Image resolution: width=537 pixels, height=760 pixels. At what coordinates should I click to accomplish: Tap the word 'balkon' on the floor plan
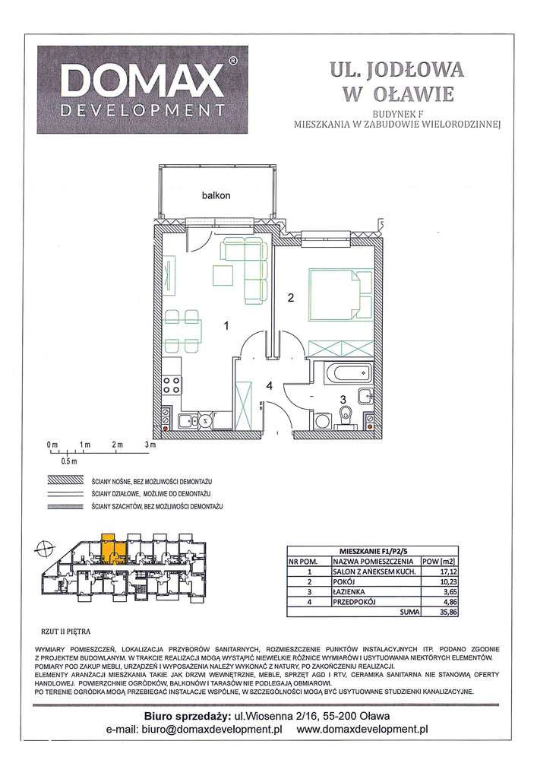coord(216,195)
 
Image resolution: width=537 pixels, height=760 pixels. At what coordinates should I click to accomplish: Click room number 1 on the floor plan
coord(226,325)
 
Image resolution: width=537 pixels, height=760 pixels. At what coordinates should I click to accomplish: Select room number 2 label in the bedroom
coord(290,298)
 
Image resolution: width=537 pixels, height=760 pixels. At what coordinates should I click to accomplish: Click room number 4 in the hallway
coord(269,385)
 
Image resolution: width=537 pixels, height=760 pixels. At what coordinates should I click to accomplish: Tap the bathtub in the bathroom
coord(346,373)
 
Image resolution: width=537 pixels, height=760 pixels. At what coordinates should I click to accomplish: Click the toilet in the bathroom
coord(346,413)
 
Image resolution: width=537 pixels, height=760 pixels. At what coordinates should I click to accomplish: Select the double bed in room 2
coord(335,295)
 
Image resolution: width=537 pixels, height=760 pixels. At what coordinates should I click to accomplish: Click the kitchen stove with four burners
coord(171,385)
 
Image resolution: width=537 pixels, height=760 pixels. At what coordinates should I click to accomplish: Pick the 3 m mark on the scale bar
coord(150,444)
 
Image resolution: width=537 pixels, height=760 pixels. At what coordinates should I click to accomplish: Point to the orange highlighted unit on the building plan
coord(109,546)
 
